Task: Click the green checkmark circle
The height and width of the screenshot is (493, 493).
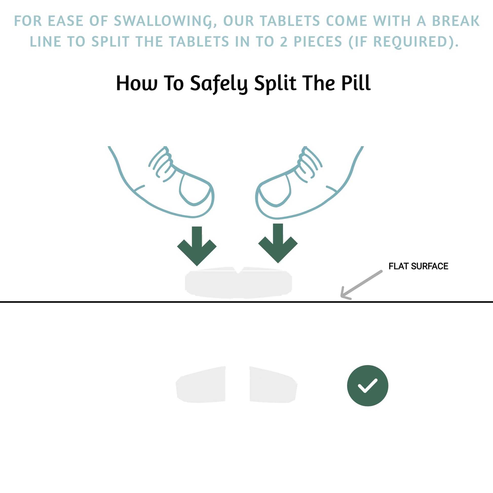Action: (367, 386)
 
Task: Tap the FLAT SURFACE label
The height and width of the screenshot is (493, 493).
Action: (418, 266)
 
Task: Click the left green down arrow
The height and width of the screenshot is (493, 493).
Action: (197, 246)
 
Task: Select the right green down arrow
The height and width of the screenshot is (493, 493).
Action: (278, 243)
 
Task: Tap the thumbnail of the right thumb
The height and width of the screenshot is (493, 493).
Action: (275, 191)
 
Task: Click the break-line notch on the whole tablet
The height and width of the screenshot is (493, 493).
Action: (238, 270)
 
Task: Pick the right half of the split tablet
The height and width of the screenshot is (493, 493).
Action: (273, 385)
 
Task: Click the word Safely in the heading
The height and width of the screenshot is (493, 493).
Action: (219, 84)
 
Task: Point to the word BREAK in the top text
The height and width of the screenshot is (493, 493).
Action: (456, 21)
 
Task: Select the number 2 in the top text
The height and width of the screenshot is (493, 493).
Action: (284, 42)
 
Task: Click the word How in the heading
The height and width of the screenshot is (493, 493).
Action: (137, 83)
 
